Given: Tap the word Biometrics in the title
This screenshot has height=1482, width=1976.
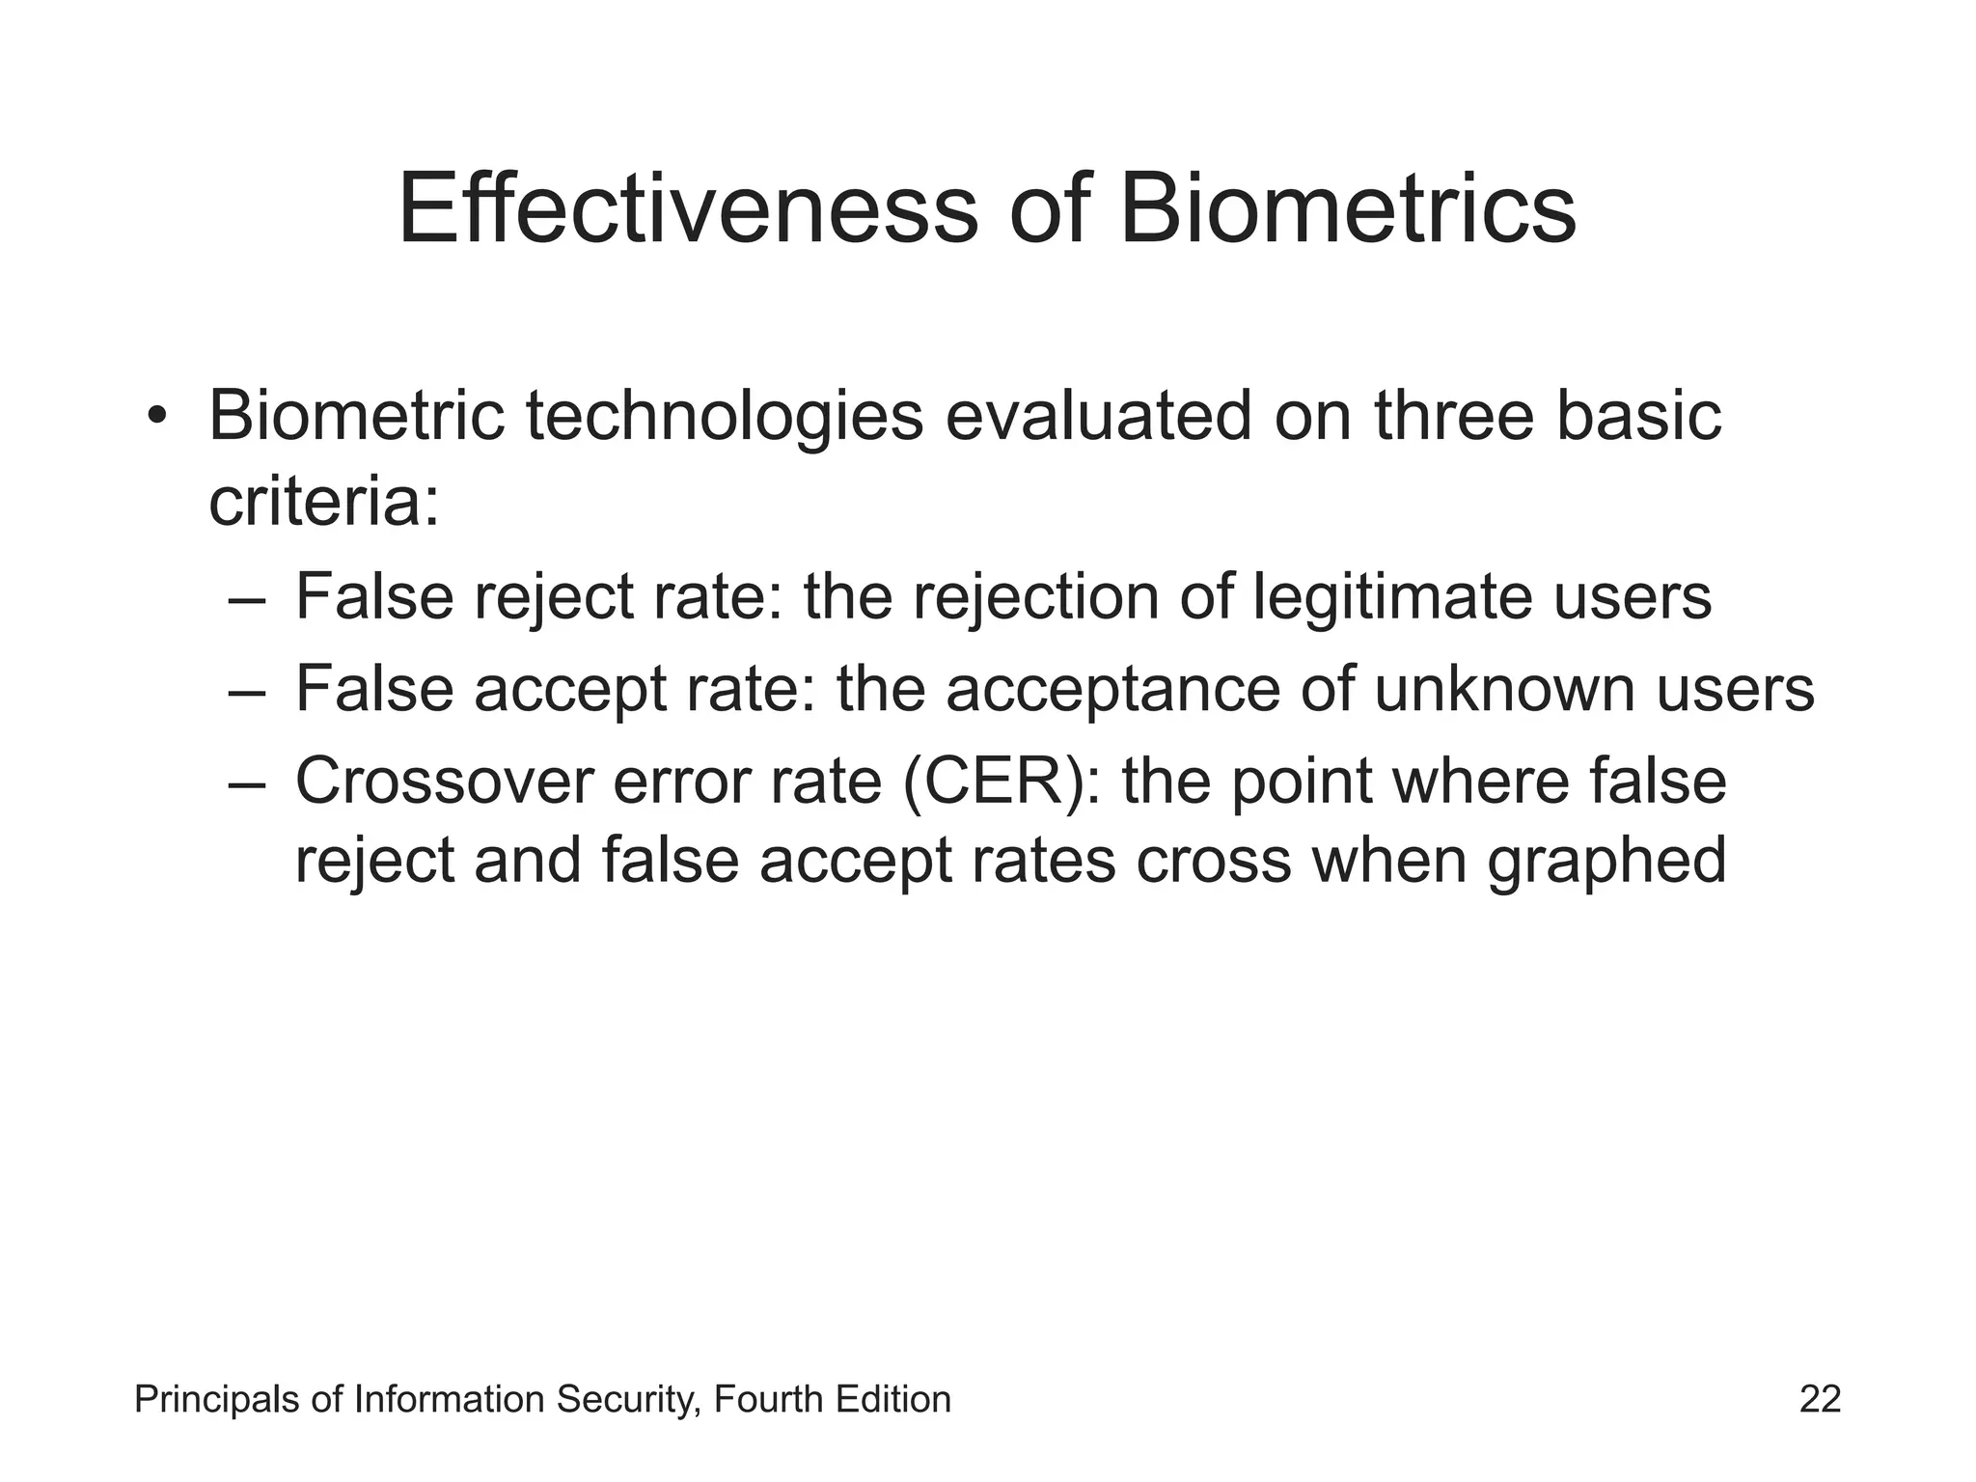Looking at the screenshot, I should pos(1348,209).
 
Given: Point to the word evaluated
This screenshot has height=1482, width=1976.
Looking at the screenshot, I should pos(1099,417).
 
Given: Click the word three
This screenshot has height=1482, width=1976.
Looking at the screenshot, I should pos(1454,417).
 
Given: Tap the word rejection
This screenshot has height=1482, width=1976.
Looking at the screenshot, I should pos(1035,596).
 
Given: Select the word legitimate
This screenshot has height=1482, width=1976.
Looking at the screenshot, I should pos(1393,596).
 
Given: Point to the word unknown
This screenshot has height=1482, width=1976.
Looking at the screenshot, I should pos(1504,689).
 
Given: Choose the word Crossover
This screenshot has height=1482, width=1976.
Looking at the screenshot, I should pos(444,781).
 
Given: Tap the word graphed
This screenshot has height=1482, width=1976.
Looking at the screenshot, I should pos(1606,861).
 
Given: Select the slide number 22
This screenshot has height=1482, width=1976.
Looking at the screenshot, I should pos(1820,1399).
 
